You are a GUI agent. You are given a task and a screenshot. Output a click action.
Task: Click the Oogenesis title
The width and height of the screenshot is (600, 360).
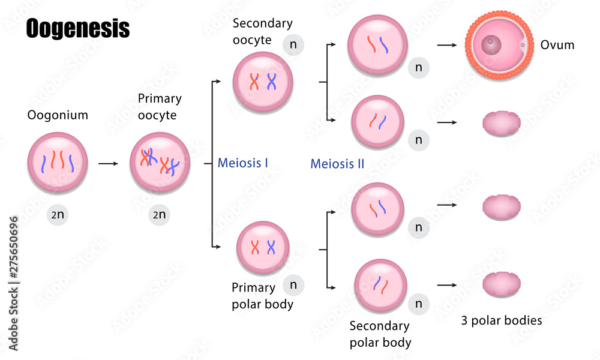click(x=77, y=28)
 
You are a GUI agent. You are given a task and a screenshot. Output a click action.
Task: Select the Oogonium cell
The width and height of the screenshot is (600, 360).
click(x=58, y=163)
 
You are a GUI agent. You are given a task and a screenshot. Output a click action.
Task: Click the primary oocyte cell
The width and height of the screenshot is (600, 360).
click(x=160, y=163)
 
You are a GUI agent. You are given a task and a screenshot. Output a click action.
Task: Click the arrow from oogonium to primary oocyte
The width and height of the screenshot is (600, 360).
click(x=109, y=163)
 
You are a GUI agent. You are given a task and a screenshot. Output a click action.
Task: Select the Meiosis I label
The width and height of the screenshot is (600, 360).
click(x=242, y=163)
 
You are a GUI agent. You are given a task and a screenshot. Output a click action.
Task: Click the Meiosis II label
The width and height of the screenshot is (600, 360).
click(x=337, y=163)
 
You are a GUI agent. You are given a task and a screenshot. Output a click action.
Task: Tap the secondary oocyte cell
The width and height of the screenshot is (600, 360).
click(x=263, y=82)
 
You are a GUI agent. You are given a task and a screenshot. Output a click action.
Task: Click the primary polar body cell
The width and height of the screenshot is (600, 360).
click(x=263, y=247)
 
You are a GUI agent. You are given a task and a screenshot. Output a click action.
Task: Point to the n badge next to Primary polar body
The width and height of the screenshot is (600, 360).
click(x=293, y=285)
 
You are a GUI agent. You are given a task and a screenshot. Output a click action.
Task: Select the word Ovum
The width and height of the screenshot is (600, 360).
click(x=557, y=45)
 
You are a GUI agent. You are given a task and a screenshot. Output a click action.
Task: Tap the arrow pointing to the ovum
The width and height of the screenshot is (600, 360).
click(x=448, y=45)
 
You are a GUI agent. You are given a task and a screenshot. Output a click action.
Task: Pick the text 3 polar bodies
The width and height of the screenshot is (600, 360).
click(x=501, y=320)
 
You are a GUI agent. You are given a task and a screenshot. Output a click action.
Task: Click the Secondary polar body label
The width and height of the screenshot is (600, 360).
click(x=380, y=334)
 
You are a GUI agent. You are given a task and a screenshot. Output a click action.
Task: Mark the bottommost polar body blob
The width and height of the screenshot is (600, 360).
click(x=501, y=283)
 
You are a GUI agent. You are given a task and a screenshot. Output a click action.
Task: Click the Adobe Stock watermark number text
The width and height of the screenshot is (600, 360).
click(x=13, y=282)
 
